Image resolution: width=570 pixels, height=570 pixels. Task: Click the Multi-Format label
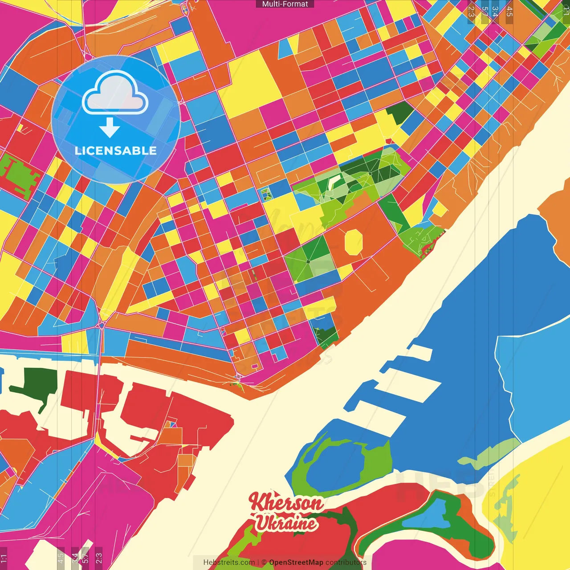[285, 4]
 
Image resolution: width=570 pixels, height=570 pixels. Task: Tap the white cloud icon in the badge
[115, 94]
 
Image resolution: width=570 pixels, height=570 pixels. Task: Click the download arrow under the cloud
[110, 128]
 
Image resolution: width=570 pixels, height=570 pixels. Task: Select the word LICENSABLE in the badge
[116, 151]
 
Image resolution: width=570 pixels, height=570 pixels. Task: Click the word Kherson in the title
[286, 503]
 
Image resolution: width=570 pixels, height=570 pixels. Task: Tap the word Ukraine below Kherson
[286, 523]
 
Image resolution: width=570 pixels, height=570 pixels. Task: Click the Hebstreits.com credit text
[229, 562]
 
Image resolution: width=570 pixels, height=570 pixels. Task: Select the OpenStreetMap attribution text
[296, 562]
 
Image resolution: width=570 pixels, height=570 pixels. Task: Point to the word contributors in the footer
[346, 562]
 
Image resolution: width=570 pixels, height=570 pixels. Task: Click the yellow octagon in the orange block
[354, 242]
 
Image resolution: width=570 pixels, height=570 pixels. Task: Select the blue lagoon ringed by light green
[334, 465]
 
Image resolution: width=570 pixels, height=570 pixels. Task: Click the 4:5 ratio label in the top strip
[509, 12]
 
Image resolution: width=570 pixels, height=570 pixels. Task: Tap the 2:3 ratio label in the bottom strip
[99, 557]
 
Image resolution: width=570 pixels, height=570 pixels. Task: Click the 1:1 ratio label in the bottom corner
[4, 558]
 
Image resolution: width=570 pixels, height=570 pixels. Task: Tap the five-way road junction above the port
[101, 326]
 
